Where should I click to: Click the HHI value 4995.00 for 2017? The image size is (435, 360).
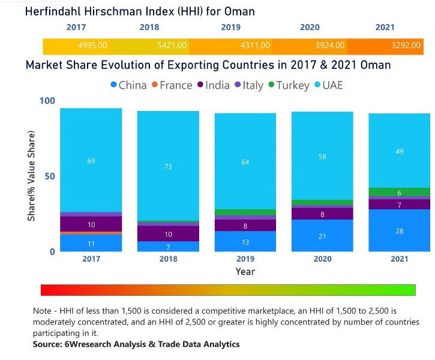tap(92, 46)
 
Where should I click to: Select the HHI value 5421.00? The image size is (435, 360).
tap(172, 46)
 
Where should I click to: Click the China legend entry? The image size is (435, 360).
tap(128, 85)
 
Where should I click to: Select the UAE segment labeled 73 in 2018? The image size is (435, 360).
tap(168, 166)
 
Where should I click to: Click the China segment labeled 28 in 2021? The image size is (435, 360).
tap(399, 231)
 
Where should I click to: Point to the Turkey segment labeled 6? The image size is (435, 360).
tap(399, 193)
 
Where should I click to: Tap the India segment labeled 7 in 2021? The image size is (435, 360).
tap(399, 205)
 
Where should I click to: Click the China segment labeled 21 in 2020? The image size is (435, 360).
tap(322, 236)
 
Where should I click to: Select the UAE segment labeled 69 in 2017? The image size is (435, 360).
tap(91, 161)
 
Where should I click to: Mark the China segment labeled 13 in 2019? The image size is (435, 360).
tap(245, 242)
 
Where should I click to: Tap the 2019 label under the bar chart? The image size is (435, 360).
tap(245, 259)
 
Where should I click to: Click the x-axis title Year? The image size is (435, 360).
tap(245, 272)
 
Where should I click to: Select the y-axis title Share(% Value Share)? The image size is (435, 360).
tap(31, 175)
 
